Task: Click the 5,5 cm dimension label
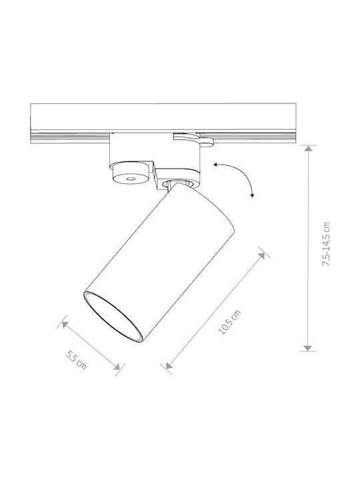tap(76, 360)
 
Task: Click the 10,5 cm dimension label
tap(229, 322)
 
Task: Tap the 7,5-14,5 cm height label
tap(326, 244)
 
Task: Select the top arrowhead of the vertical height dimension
tap(308, 149)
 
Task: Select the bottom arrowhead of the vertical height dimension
tap(307, 348)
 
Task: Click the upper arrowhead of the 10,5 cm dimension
tap(261, 256)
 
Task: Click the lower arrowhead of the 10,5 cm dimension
tap(169, 365)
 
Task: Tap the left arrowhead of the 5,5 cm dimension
tap(65, 324)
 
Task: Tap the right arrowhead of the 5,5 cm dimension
tap(117, 367)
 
